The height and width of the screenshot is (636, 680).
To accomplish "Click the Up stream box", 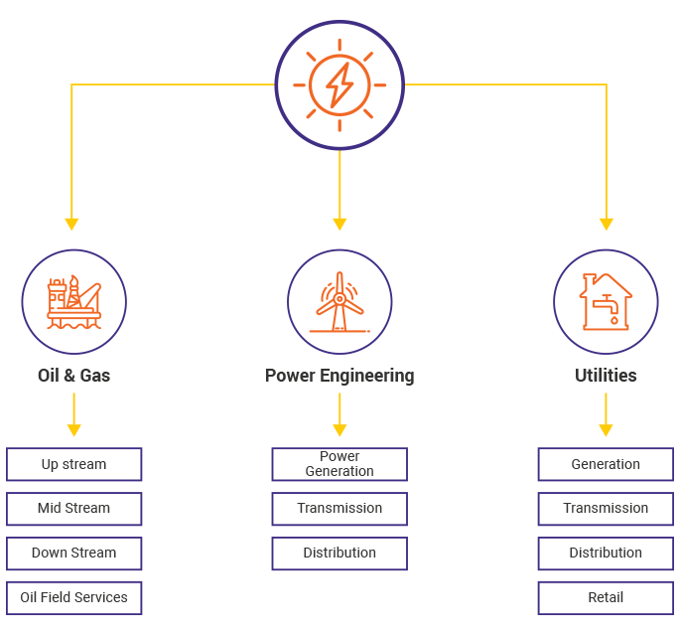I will coord(74,464).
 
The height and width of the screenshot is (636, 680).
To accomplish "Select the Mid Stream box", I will coord(74,509).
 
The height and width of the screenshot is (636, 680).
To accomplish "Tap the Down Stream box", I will coord(74,554).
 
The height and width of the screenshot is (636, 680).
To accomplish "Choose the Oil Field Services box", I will coord(74,598).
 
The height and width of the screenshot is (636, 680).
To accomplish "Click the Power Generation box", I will coord(340,464).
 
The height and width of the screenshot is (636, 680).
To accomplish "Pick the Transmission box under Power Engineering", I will coord(340,509).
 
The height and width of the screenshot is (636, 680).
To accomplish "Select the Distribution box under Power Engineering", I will coord(340,554).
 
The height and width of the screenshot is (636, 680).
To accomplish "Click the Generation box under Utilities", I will coord(606,464).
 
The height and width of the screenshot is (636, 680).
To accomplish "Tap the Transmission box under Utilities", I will coord(606,509).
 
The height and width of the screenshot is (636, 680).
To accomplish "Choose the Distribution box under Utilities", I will coord(606,554).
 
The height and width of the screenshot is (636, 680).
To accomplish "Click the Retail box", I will coord(606,598).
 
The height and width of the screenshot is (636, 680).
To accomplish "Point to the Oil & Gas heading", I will coord(74,376).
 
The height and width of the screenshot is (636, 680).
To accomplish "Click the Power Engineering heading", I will coord(340,376).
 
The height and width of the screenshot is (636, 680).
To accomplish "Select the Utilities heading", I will coord(606,376).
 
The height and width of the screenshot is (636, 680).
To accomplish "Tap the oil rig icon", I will coord(74,301).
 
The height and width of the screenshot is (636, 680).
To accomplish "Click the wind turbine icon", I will coord(340,301).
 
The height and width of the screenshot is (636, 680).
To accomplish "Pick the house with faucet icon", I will coord(606,300).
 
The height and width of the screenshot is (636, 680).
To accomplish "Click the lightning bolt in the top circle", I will coord(340,83).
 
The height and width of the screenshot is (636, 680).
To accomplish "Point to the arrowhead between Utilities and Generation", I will coord(606,430).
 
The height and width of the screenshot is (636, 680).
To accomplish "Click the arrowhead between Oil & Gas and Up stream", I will coord(74,430).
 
